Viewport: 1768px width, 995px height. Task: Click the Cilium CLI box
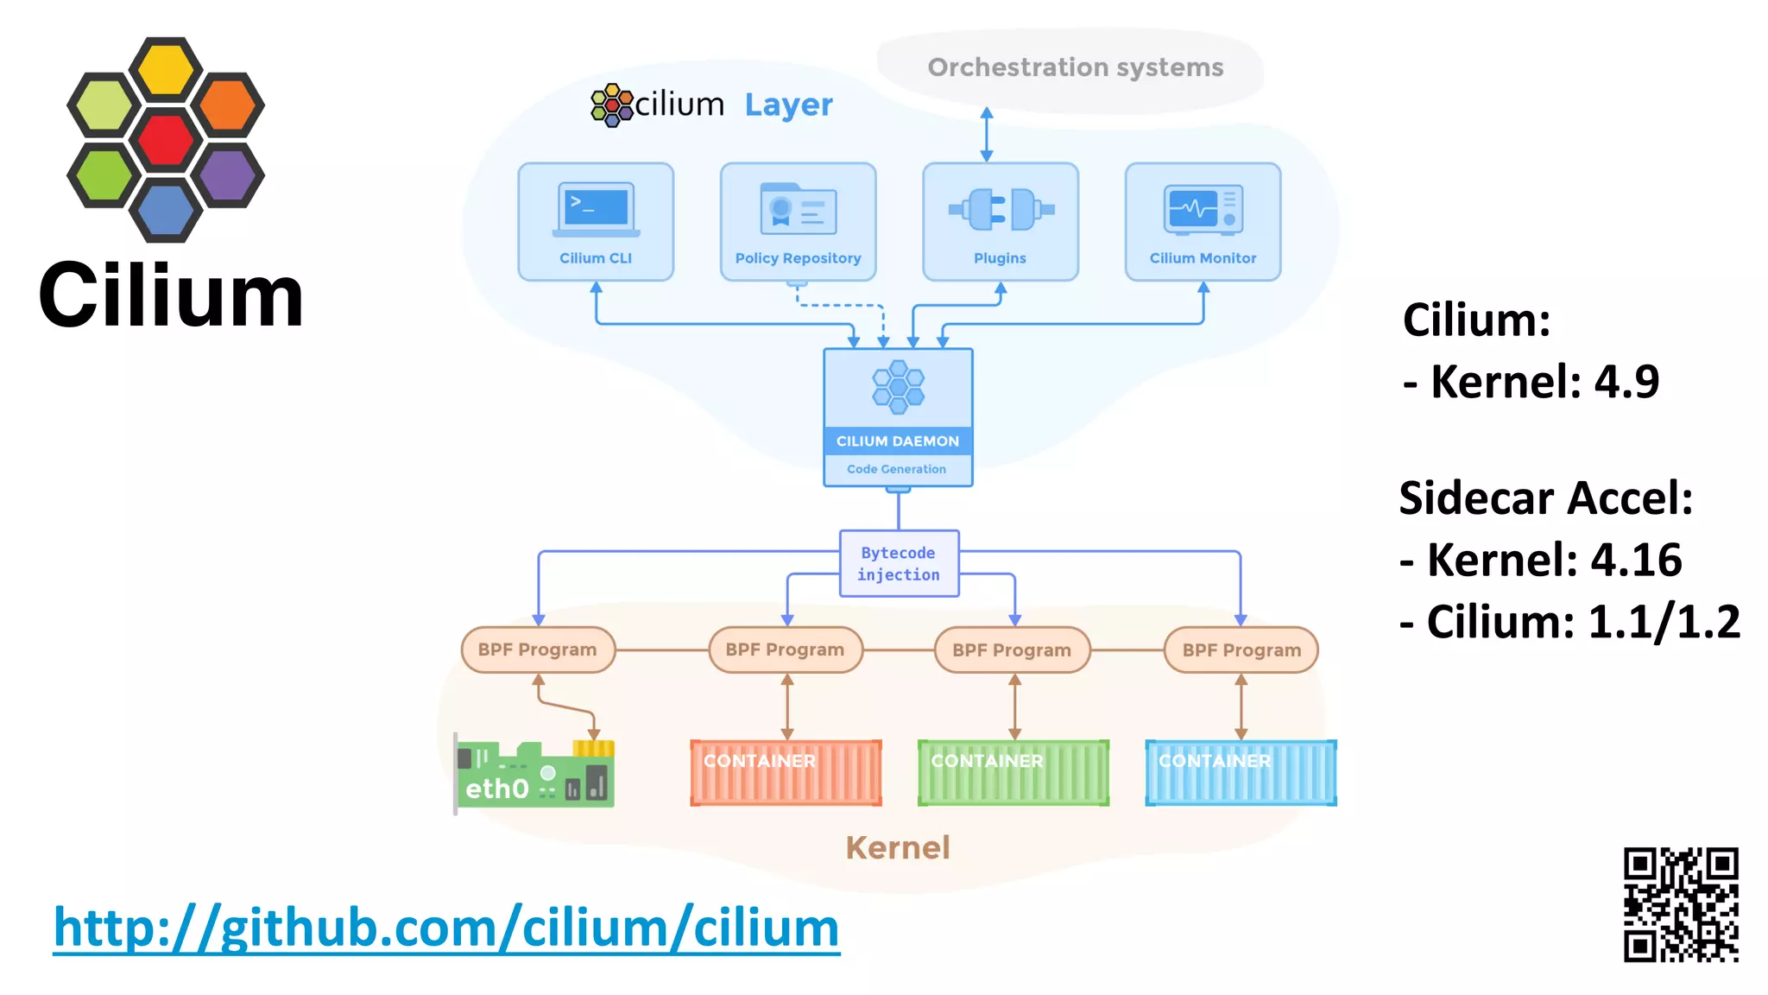point(596,222)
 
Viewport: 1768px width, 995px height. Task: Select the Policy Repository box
point(798,222)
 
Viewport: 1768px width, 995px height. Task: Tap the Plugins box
point(1000,222)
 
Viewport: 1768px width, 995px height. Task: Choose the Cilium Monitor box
point(1203,222)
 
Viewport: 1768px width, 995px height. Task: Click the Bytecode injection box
point(899,563)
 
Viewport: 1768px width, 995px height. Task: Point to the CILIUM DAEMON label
point(898,441)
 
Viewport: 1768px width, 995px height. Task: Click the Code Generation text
point(896,469)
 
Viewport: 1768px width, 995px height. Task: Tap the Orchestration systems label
point(1075,67)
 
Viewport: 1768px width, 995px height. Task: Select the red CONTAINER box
point(786,772)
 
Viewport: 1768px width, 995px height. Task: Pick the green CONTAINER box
point(1013,772)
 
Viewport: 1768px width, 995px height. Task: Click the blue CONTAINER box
point(1241,772)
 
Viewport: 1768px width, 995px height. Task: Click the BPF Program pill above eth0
point(538,650)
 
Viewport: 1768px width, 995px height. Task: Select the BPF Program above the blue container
point(1241,650)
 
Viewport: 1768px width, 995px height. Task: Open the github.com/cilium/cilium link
point(446,928)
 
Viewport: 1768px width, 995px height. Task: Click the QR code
point(1680,904)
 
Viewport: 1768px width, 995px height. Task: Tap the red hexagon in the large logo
point(166,140)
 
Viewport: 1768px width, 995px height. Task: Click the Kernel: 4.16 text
point(1541,560)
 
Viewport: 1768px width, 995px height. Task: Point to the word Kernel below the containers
point(898,847)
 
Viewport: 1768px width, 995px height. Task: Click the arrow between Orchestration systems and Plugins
point(987,135)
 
